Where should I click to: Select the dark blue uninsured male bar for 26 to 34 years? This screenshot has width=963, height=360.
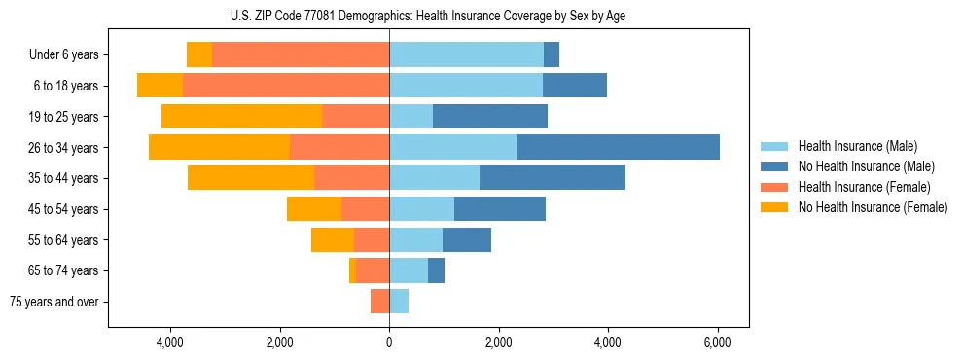pos(618,147)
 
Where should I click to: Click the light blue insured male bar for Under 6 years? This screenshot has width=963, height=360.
pos(466,54)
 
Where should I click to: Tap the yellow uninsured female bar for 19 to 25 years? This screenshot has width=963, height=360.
pos(241,116)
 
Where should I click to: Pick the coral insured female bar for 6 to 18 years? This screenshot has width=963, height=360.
pos(286,86)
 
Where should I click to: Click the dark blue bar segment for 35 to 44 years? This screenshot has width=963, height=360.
pos(553,178)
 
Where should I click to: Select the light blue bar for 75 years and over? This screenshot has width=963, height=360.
pos(399,302)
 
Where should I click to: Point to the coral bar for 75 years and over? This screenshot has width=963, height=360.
pos(379,302)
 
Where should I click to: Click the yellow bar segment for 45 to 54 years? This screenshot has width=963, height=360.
pos(314,209)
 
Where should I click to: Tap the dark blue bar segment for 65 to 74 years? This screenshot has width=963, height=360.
pos(436,270)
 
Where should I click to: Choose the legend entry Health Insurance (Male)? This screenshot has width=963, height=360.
pos(857,146)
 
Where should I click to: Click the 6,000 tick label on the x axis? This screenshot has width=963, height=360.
pos(717,342)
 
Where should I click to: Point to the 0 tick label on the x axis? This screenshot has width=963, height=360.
pos(389,342)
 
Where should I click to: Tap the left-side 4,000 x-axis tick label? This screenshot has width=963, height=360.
pos(169,342)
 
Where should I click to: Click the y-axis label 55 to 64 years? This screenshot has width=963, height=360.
pos(64,240)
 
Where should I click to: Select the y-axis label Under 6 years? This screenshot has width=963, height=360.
pos(64,55)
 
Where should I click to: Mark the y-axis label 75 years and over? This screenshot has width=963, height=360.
pos(54,302)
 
